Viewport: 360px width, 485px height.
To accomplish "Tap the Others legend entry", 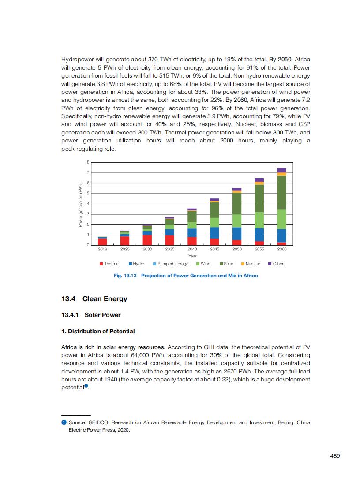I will coord(277,264).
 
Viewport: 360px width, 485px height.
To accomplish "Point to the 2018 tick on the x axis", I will coord(102,249).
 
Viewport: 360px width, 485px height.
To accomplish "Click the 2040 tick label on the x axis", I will coord(192,249).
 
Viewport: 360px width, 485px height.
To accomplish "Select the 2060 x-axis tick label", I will coord(282,249).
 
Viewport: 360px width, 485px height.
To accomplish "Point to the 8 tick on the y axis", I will coord(88,162).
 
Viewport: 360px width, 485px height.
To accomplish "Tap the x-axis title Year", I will coord(192,256).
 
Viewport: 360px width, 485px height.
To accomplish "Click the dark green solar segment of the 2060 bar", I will coord(282,193).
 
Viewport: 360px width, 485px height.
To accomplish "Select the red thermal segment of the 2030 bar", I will coord(147,239).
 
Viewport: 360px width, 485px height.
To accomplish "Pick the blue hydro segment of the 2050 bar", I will coord(237,234).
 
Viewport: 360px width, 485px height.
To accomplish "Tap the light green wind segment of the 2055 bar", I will coord(259,220).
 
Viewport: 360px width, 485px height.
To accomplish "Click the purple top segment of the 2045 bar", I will coord(214,200).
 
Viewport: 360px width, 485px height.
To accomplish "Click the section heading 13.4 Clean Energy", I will coord(94,299).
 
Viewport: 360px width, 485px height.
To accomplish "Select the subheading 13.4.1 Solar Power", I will coord(91,315).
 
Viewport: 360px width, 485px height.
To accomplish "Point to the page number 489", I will coord(335,456).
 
